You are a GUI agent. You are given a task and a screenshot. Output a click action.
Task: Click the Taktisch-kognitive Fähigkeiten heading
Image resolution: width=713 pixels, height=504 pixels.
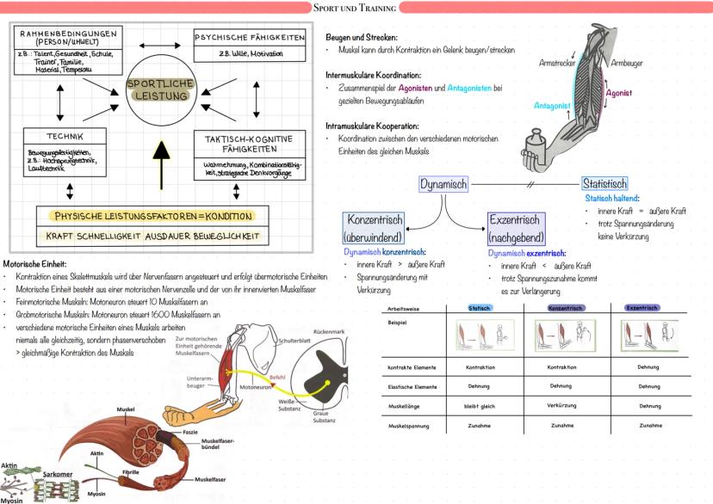click(x=249, y=143)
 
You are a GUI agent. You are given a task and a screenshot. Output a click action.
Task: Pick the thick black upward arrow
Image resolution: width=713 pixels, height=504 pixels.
click(x=160, y=161)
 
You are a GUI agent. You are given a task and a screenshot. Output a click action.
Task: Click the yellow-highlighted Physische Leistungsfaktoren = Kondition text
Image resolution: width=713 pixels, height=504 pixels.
click(x=152, y=215)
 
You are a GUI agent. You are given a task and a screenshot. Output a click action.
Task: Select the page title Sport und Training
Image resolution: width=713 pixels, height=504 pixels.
click(x=355, y=8)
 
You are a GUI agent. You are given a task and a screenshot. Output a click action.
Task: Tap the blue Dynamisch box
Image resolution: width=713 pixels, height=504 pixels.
click(x=443, y=184)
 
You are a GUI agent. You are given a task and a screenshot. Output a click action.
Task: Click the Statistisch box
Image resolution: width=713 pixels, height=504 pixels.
click(x=604, y=184)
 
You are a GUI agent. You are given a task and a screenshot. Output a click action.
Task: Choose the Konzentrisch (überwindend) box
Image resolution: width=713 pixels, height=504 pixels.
click(x=373, y=228)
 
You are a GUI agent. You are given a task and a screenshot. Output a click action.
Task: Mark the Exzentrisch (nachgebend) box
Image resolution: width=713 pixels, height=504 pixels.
click(x=515, y=228)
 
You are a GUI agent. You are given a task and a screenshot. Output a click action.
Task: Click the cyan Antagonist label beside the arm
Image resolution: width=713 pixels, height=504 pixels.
click(x=552, y=106)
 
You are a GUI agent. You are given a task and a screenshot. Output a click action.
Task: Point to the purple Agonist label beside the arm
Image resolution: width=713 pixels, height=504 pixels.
click(x=619, y=92)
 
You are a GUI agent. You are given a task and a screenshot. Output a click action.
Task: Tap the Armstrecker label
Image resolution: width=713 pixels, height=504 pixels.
click(x=557, y=63)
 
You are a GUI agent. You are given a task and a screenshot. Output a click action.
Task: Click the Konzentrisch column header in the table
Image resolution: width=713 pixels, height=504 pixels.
click(x=567, y=308)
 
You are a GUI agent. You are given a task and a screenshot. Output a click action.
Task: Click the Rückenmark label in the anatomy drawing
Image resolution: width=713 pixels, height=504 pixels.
click(x=329, y=330)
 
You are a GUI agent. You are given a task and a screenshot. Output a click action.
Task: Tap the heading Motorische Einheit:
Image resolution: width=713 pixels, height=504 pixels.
click(x=35, y=264)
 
